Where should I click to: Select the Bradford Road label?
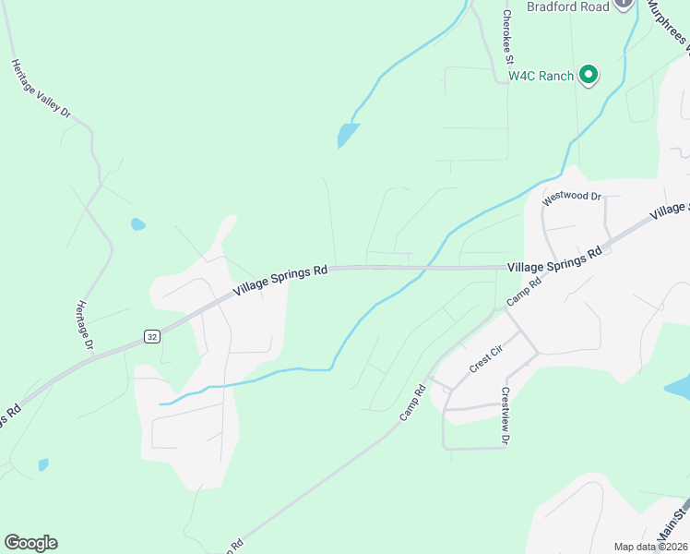coord(568,6)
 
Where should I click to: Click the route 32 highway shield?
coord(151,338)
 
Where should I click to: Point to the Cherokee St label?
coord(507,37)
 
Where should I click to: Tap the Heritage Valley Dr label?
coord(41,89)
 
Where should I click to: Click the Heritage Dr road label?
coord(86,325)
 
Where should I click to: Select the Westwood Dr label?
coord(571,197)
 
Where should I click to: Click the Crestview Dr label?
coord(505,415)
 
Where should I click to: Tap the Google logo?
coord(30,542)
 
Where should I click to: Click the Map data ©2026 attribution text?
coord(650,547)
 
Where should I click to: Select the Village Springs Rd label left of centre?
coord(280,278)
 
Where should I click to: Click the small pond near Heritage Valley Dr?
coord(138,224)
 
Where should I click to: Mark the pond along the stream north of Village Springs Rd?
coord(348,136)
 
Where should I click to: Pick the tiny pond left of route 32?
coord(42,464)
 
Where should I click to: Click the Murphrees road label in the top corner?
coord(671,23)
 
